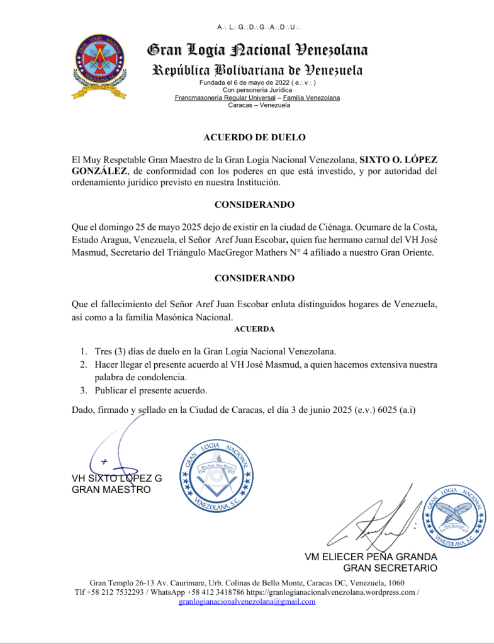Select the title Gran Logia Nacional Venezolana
pyautogui.click(x=257, y=50)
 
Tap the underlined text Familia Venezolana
pyautogui.click(x=312, y=98)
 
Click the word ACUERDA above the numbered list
pyautogui.click(x=254, y=329)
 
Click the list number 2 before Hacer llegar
pyautogui.click(x=83, y=364)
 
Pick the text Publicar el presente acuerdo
pyautogui.click(x=150, y=390)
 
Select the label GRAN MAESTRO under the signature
pyautogui.click(x=111, y=489)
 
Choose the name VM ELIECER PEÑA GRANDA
pyautogui.click(x=371, y=557)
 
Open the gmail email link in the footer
pyautogui.click(x=247, y=601)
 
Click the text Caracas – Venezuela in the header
pyautogui.click(x=259, y=105)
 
